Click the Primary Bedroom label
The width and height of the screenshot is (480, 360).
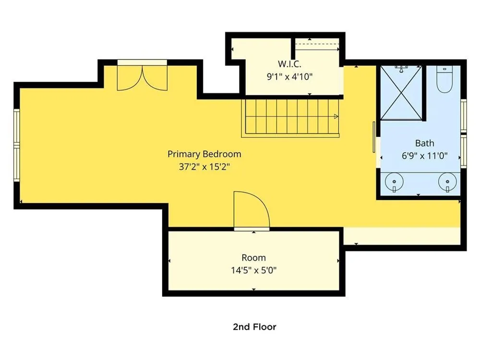click(x=204, y=154)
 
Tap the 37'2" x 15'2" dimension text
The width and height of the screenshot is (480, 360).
click(x=204, y=167)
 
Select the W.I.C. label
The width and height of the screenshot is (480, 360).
click(x=289, y=64)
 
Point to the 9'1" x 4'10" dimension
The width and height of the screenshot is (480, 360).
click(x=289, y=76)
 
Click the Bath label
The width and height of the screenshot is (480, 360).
click(x=425, y=143)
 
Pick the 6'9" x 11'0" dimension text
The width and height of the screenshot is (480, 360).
click(x=425, y=156)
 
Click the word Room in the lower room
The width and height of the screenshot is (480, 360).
click(x=253, y=258)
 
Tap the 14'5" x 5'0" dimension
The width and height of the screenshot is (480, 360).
click(x=253, y=270)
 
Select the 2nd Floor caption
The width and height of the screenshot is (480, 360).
click(x=254, y=327)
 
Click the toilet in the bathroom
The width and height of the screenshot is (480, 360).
click(x=444, y=79)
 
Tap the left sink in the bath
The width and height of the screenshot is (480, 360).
click(x=394, y=182)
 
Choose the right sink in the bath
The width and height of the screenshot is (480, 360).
click(x=447, y=182)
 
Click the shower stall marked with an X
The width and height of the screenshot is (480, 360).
click(x=401, y=93)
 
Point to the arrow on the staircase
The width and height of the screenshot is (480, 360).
click(x=336, y=116)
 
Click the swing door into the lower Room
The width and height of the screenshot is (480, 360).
click(x=252, y=211)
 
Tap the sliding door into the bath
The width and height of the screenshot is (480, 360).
click(x=374, y=137)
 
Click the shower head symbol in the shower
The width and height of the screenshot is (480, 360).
click(x=401, y=69)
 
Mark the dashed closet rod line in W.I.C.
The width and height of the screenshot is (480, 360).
click(x=317, y=44)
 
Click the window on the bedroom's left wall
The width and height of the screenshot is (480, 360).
click(x=16, y=145)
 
